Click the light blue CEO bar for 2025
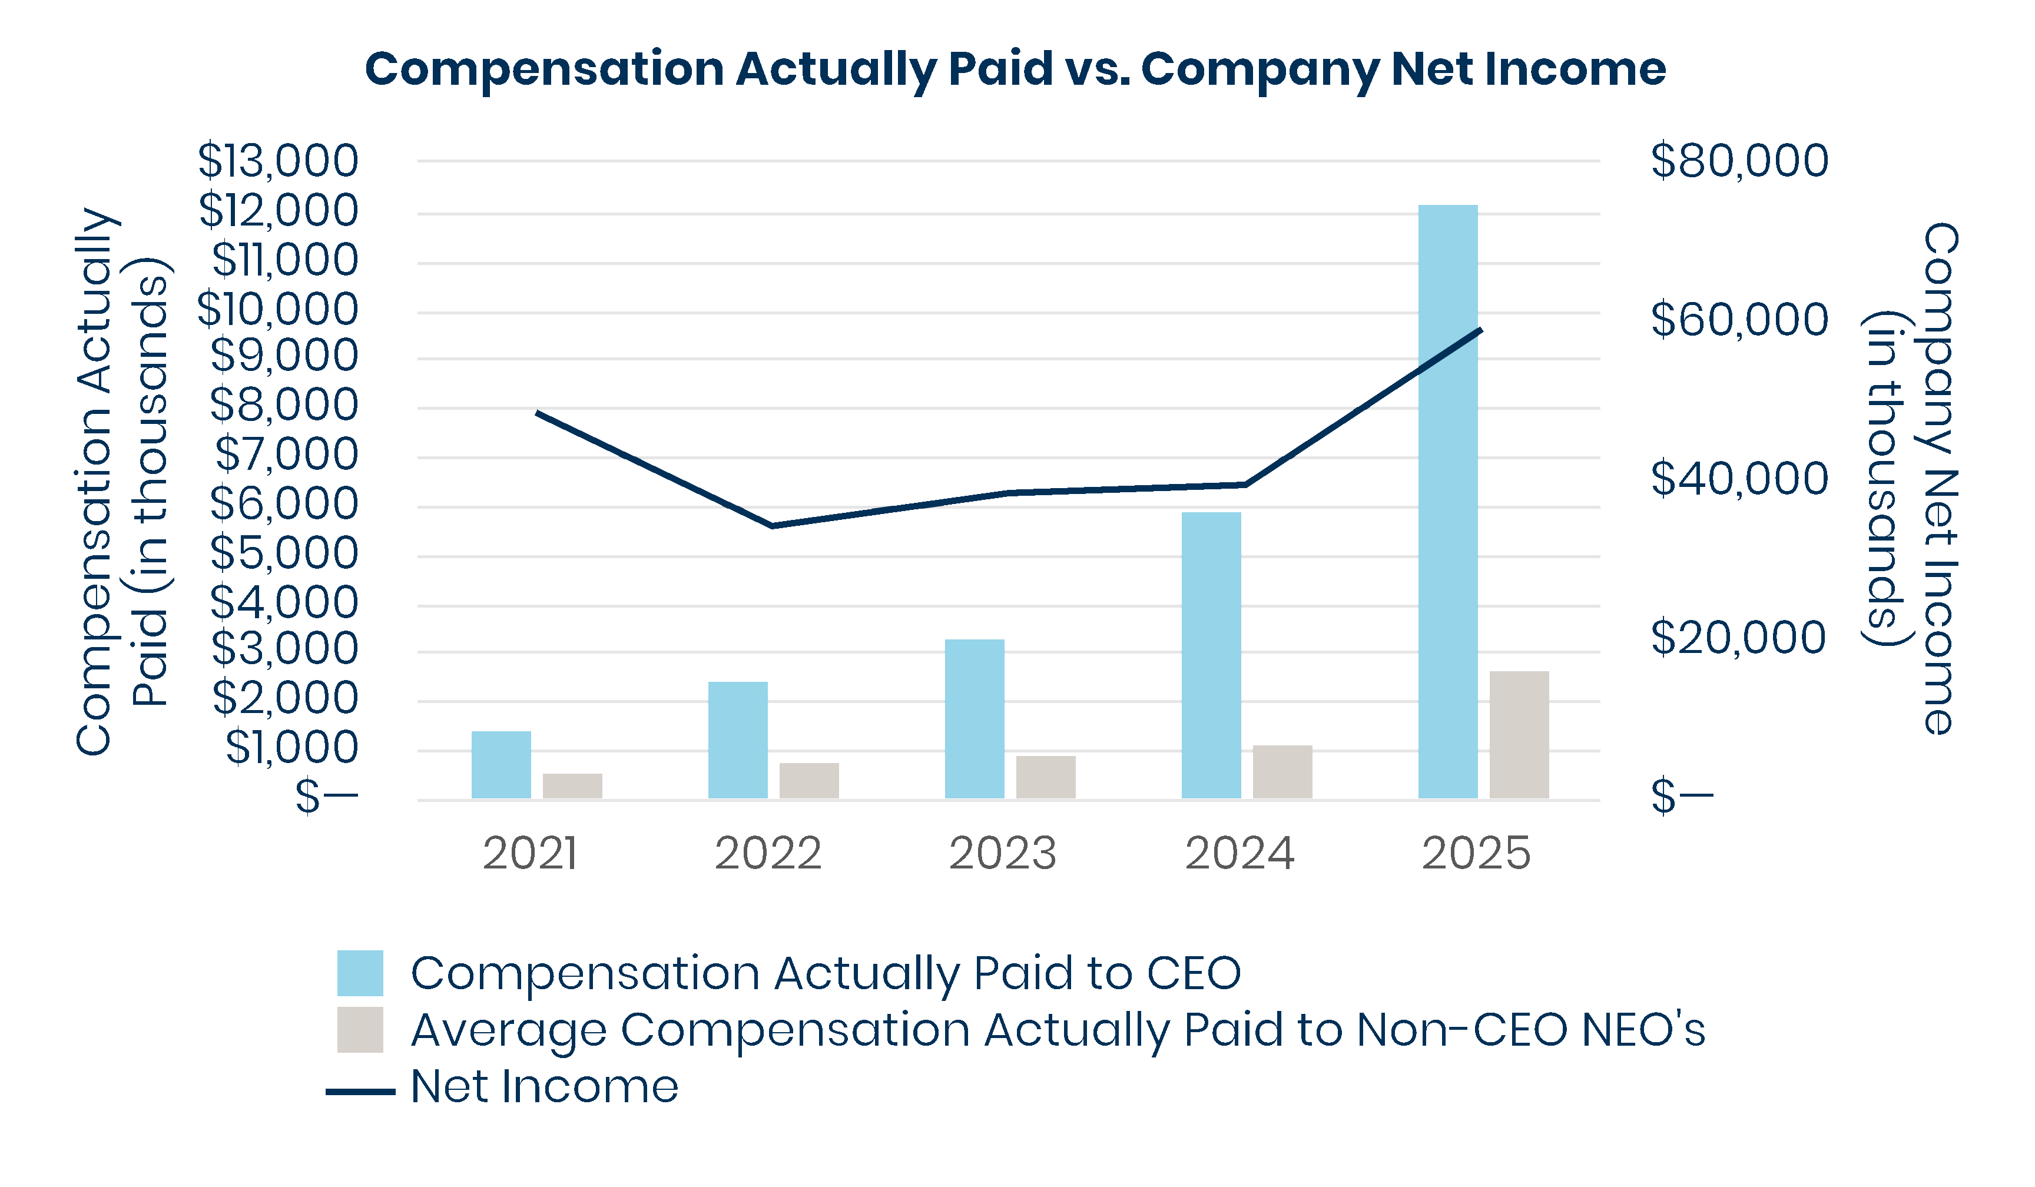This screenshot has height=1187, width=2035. (x=1448, y=500)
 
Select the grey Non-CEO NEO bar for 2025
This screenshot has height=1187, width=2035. (x=1519, y=735)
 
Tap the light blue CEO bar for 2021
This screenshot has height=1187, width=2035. (x=501, y=765)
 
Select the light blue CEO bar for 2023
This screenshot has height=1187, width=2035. (x=975, y=719)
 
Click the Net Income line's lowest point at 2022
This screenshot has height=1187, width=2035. (x=772, y=525)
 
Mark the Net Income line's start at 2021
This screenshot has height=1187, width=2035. (x=538, y=413)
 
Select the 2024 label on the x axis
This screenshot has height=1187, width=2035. (x=1239, y=854)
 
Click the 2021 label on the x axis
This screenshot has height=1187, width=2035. (x=530, y=854)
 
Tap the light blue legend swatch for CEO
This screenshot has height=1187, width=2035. (x=360, y=973)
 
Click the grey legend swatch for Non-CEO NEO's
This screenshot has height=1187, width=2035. (x=360, y=1030)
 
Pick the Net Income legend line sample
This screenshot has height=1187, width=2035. (x=360, y=1092)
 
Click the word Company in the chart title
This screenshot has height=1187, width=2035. (x=1260, y=69)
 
